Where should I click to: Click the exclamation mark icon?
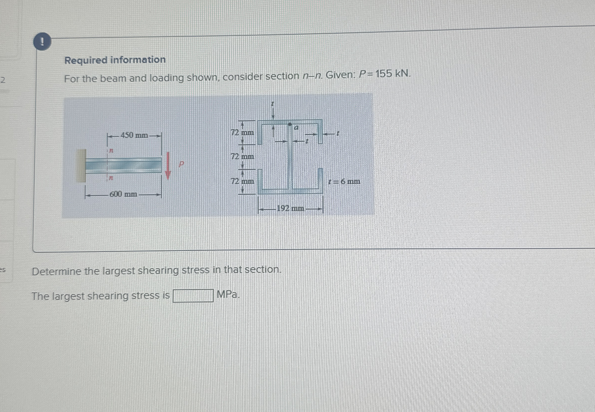point(42,42)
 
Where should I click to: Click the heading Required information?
point(115,60)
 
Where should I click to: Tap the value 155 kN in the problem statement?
point(393,74)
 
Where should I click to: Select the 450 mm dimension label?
point(134,135)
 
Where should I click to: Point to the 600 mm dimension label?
point(123,194)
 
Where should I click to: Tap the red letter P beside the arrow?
point(182,164)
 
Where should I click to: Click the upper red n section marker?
point(111,150)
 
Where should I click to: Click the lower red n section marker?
point(111,178)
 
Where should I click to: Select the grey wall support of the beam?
point(81,166)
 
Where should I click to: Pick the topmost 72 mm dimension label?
point(242,133)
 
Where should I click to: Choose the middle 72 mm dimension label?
point(242,156)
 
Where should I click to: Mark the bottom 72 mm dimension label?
point(242,181)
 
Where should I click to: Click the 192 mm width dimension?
point(290,208)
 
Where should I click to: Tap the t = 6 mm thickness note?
point(344,181)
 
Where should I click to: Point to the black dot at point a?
point(290,124)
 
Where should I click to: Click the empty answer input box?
point(193,295)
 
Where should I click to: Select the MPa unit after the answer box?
point(227,294)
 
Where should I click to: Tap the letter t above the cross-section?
point(272,104)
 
